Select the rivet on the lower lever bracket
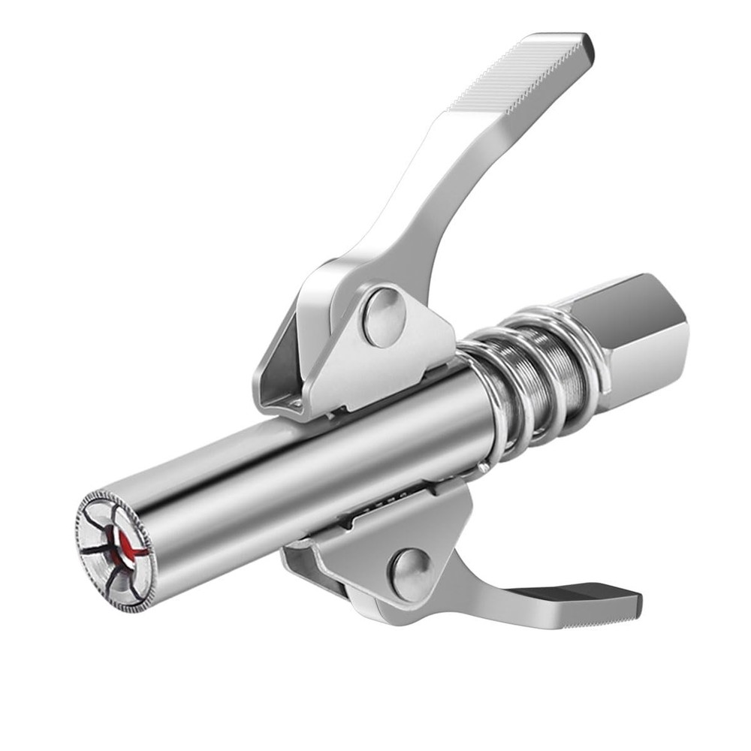(x=409, y=571)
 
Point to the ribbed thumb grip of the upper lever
(x=518, y=75)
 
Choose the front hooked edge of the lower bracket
(x=297, y=559)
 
